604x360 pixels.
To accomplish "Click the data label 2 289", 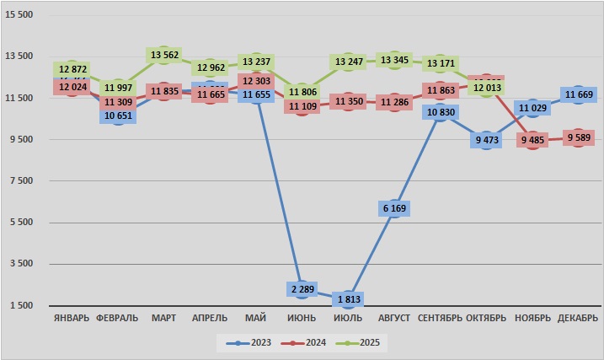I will [x=302, y=289].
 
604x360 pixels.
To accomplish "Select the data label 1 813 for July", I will [x=348, y=299].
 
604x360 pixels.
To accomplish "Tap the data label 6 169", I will [x=393, y=208].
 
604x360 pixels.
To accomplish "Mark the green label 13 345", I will [x=393, y=60].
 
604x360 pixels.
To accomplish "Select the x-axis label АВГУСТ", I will [x=393, y=318].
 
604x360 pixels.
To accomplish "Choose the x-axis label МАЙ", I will [x=255, y=318].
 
